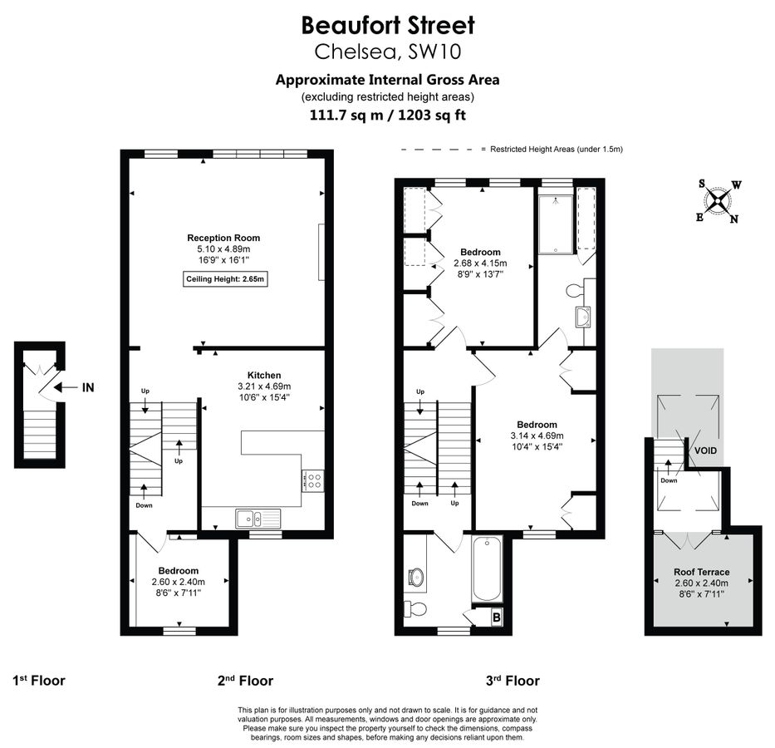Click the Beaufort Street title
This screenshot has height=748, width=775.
point(387,24)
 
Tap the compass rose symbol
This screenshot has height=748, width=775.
point(719,200)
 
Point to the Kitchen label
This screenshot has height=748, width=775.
point(264,376)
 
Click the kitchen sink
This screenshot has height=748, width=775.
point(258,519)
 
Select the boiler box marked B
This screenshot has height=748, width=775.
point(497,617)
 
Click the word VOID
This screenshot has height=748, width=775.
point(705,450)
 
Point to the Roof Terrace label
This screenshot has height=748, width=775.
point(702,572)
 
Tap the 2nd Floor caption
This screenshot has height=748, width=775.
point(245,681)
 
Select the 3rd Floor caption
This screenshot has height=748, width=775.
point(513,681)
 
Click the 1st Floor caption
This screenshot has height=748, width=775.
point(39,681)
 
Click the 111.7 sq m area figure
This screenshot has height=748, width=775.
point(346,116)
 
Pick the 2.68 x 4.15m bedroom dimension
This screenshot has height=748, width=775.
point(479,263)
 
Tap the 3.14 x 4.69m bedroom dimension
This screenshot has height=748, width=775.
point(537,436)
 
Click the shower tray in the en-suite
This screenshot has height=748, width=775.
point(555,224)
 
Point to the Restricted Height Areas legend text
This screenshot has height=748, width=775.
point(556,150)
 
